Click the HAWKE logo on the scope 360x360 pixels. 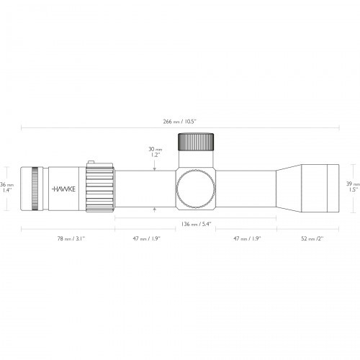63,189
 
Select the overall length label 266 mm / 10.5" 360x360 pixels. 180,122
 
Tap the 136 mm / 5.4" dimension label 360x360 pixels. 196,224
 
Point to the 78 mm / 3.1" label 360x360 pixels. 71,238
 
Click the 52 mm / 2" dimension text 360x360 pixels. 312,238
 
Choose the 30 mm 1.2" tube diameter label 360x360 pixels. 155,152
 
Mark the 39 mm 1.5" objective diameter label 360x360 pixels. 353,186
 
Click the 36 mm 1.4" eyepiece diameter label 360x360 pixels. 6,187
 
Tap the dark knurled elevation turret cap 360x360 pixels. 196,142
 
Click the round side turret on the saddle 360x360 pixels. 196,189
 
